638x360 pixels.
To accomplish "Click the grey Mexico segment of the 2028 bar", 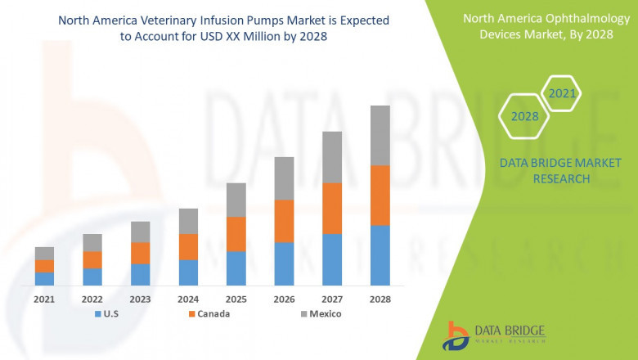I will (x=380, y=135).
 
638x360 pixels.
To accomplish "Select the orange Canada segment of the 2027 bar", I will (x=332, y=208).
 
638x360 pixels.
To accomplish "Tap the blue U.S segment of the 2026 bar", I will (x=284, y=263).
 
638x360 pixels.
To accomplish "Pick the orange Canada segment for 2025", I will (x=236, y=234).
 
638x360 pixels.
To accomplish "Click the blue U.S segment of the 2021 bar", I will (x=44, y=278).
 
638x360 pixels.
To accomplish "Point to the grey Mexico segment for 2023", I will (x=140, y=232).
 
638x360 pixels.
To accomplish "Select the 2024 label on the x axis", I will (x=188, y=299).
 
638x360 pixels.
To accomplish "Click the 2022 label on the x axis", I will (x=92, y=299).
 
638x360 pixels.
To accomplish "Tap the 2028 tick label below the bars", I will (x=380, y=299).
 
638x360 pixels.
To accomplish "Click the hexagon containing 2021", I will (x=562, y=93).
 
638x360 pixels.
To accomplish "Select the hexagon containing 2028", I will (x=524, y=116).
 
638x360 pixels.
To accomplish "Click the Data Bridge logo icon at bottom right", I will (x=457, y=334).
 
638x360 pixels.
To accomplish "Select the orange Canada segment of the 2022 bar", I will (x=92, y=259).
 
